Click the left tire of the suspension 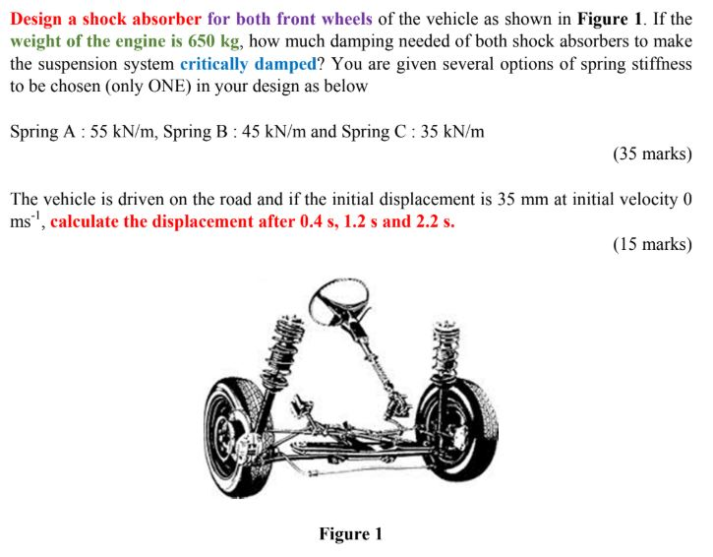click(234, 420)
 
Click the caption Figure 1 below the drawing click(350, 534)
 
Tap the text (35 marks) click(652, 154)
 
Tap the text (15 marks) click(652, 243)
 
